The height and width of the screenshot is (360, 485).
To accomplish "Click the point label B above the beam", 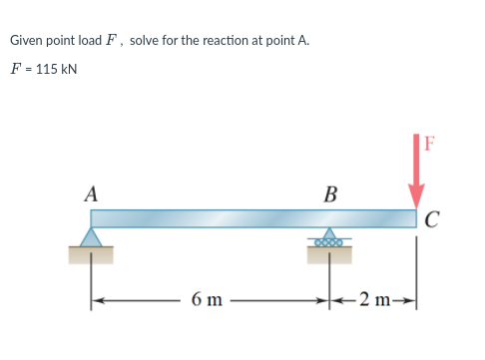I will pyautogui.click(x=330, y=193).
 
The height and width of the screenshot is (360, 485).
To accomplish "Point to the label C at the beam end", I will pyautogui.click(x=431, y=220).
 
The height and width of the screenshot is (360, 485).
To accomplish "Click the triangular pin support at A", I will pyautogui.click(x=92, y=236).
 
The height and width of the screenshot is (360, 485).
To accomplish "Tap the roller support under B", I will pyautogui.click(x=329, y=240).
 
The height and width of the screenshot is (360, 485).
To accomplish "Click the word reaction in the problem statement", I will pyautogui.click(x=226, y=41).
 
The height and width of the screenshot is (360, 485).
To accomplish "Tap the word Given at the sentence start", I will pyautogui.click(x=26, y=41).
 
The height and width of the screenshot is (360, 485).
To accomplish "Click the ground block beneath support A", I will pyautogui.click(x=91, y=255).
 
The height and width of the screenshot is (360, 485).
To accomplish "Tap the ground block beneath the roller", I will pyautogui.click(x=329, y=255).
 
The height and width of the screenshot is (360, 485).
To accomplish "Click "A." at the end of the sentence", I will pyautogui.click(x=303, y=41).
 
